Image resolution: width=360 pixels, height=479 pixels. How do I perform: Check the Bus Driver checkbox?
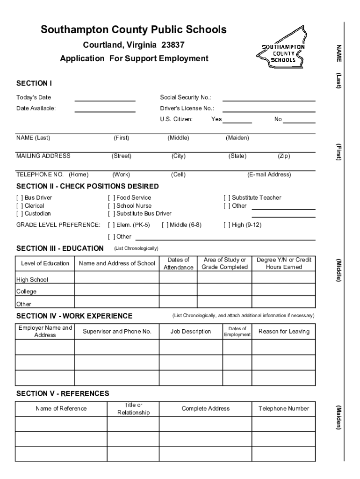19,198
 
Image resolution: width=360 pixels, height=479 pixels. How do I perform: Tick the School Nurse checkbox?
111,206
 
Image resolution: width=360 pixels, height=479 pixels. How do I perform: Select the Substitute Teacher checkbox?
227,198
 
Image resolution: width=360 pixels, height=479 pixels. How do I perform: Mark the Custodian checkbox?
19,214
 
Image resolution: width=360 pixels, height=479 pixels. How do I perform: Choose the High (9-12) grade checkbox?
227,225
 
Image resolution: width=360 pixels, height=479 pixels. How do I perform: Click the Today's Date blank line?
105,100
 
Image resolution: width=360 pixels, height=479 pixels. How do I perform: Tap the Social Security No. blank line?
268,100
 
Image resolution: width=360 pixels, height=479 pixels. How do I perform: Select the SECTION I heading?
34,84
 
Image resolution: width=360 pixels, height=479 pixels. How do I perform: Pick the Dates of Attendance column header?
178,263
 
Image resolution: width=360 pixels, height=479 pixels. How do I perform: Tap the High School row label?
32,280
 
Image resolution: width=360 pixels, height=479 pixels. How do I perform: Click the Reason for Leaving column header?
284,332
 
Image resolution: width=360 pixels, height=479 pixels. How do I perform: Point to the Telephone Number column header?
284,408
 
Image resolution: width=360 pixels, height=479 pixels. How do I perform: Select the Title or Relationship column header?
133,408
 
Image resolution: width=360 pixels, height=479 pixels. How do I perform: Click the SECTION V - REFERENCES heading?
63,393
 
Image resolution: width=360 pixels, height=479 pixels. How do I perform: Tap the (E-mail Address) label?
269,174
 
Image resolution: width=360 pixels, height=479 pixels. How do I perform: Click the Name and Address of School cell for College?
117,290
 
